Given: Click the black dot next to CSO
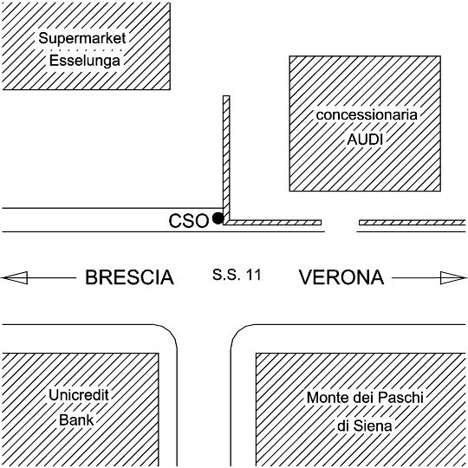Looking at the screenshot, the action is [x=218, y=218].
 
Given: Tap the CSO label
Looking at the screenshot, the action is [x=188, y=221].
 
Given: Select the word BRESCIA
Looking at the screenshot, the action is [x=129, y=277].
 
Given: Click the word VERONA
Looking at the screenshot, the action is [x=341, y=277].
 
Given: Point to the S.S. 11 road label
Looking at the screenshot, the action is [x=237, y=275].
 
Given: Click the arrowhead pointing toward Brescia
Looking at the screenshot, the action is [x=15, y=278].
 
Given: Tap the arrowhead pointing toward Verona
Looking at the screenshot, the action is [x=453, y=278].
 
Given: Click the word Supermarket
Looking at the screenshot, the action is [x=82, y=38].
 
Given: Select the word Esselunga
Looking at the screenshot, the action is [x=84, y=61].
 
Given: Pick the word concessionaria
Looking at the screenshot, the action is [x=367, y=115].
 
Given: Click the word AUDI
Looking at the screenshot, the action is [x=365, y=140].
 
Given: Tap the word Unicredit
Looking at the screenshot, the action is [x=79, y=395].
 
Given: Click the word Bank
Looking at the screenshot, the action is [x=76, y=420].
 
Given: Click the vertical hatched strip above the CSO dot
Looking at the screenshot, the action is [x=226, y=159].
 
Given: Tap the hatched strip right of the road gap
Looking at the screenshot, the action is [x=412, y=223].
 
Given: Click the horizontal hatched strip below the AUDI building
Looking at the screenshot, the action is [x=273, y=223].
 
